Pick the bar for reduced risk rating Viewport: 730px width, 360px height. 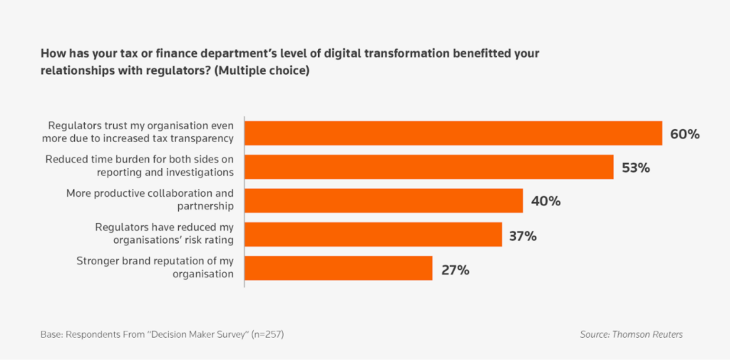pyautogui.click(x=374, y=235)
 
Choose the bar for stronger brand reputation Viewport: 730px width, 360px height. pyautogui.click(x=339, y=268)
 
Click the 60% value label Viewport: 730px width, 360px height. pyautogui.click(x=684, y=134)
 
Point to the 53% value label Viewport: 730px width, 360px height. pyautogui.click(x=636, y=168)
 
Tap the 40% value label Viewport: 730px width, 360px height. pyautogui.click(x=545, y=201)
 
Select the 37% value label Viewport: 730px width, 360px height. pyautogui.click(x=523, y=235)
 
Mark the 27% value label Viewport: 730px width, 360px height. pyautogui.click(x=454, y=269)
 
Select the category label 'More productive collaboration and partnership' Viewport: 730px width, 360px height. pyautogui.click(x=150, y=200)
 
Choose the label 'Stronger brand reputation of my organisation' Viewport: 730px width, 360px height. pyautogui.click(x=155, y=267)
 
